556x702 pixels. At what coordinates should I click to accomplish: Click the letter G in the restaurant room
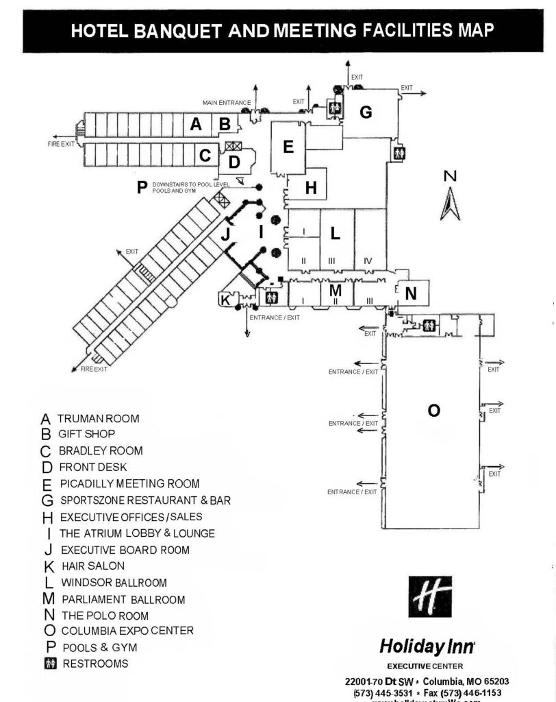[366, 112]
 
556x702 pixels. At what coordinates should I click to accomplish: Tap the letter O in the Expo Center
[433, 410]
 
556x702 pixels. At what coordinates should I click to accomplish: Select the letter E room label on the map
[288, 146]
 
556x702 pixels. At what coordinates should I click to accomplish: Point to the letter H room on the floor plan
[311, 187]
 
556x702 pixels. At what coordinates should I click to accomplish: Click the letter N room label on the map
[411, 293]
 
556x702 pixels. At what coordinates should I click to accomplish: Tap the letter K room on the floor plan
[225, 300]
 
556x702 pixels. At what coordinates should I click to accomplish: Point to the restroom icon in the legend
[49, 664]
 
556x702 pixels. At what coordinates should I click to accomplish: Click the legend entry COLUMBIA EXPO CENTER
[127, 631]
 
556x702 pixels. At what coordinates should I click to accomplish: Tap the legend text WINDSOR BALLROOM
[114, 583]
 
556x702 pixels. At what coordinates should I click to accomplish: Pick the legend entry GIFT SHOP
[86, 434]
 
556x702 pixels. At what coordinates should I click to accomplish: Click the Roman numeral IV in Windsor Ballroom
[368, 261]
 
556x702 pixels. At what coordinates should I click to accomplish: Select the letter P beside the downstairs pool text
[142, 187]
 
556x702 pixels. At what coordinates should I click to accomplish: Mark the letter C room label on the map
[204, 156]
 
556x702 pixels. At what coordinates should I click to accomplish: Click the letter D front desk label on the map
[234, 162]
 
